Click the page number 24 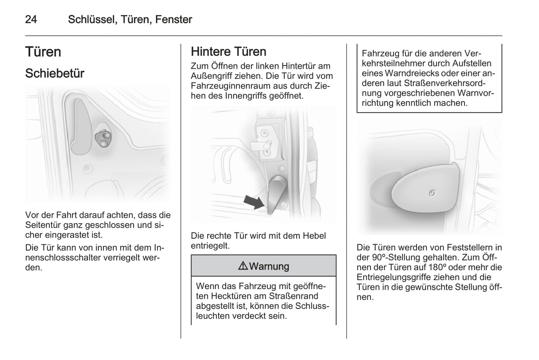31,19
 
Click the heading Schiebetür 55,73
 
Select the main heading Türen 43,52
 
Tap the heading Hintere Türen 229,51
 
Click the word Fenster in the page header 174,19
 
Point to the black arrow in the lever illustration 254,202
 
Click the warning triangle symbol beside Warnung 243,266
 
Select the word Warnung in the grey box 269,266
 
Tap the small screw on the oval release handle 432,193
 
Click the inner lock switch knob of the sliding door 104,138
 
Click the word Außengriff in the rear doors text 211,76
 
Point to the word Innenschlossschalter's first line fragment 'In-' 159,248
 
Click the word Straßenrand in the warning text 293,296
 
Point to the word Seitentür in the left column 42,225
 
